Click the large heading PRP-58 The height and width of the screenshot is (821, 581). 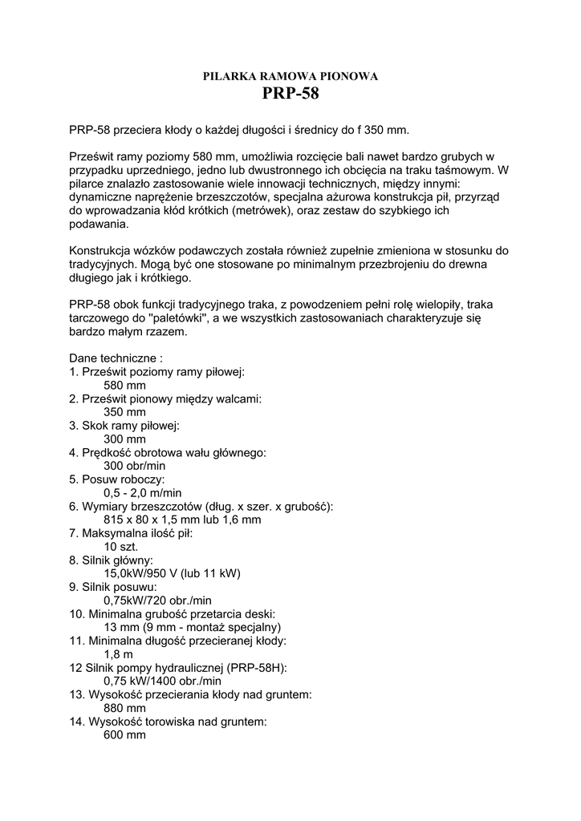pos(290,95)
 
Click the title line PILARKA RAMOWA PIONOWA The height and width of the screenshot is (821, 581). pos(290,76)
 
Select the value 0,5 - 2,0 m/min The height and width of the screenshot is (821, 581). pos(143,492)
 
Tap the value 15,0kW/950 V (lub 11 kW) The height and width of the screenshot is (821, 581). pos(173,572)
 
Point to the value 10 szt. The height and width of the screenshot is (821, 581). pos(121,546)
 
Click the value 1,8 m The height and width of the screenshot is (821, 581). pos(119,654)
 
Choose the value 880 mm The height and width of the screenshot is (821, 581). pos(125,708)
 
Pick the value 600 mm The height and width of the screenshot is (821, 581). pos(125,735)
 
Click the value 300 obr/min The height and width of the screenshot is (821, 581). pos(135,465)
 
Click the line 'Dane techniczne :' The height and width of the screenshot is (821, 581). pos(116,358)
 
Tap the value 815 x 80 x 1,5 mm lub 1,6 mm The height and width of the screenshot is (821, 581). pos(183,519)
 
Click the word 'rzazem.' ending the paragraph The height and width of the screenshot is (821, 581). pos(165,331)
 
